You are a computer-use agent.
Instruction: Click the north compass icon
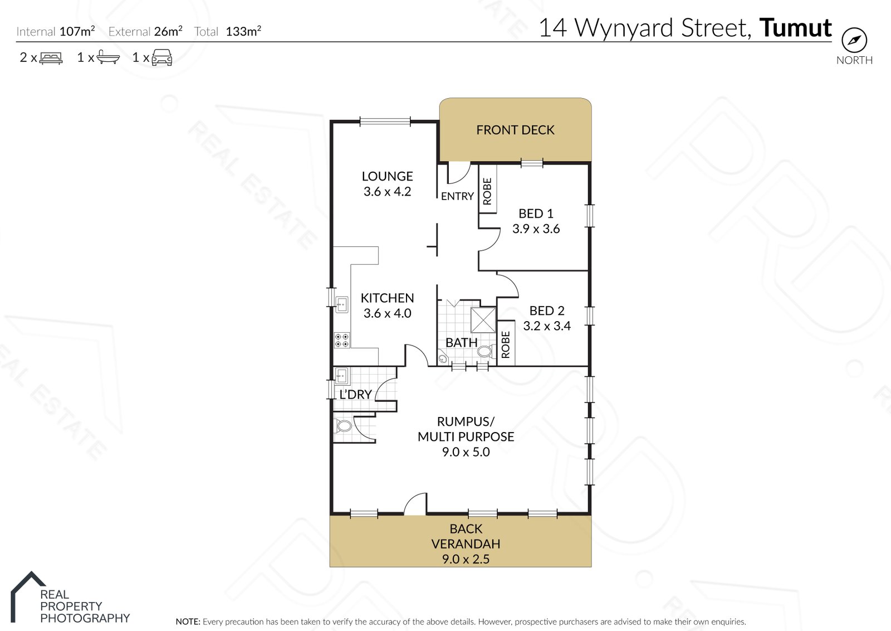click(x=854, y=40)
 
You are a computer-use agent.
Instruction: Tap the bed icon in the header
click(x=51, y=58)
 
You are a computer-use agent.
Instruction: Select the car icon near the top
click(x=161, y=57)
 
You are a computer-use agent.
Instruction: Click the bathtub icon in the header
click(x=108, y=57)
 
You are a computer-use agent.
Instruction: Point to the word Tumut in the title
click(x=795, y=27)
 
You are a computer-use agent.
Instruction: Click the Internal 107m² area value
click(x=77, y=31)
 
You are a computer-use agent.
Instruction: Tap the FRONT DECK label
click(x=515, y=130)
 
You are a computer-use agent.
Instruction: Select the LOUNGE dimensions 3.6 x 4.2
click(x=387, y=192)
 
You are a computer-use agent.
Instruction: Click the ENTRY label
click(x=457, y=196)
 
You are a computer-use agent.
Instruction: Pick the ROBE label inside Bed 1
click(x=487, y=191)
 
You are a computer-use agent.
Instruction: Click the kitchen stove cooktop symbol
click(x=342, y=341)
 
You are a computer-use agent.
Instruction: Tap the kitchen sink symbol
click(x=342, y=304)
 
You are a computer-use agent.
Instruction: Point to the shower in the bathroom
click(x=483, y=319)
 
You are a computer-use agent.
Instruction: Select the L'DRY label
click(x=356, y=394)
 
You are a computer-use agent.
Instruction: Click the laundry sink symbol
click(x=342, y=376)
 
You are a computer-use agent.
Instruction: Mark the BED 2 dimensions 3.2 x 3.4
click(x=546, y=326)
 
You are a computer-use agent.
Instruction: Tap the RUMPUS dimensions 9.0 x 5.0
click(x=466, y=452)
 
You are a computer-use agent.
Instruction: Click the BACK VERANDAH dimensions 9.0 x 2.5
click(x=466, y=559)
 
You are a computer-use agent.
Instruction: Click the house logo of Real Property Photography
click(x=28, y=596)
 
